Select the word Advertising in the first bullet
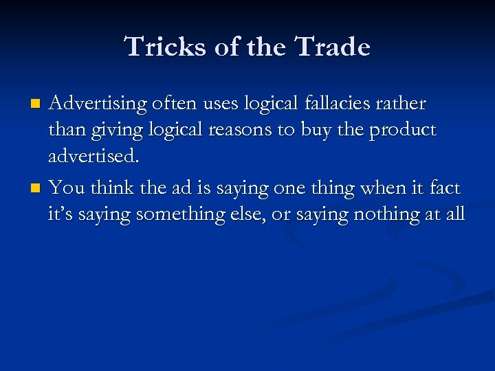click(98, 104)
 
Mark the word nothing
click(384, 214)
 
